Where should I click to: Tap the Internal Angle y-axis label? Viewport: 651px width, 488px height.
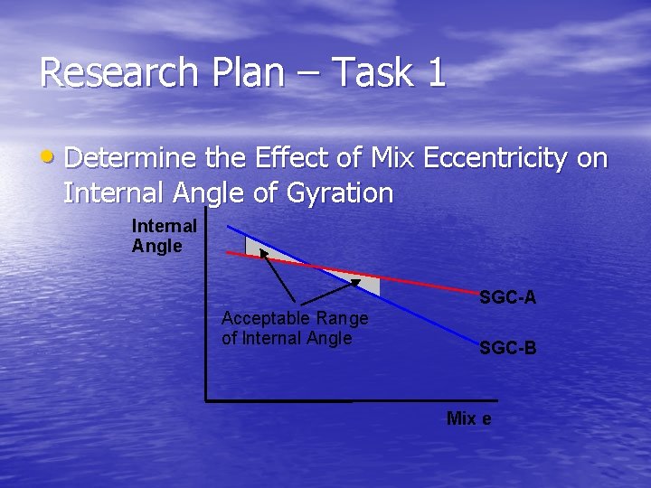(164, 235)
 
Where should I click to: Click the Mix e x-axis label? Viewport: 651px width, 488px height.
(468, 418)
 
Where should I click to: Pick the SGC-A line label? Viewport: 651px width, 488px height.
(507, 296)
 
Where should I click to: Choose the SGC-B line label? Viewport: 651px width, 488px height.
(507, 347)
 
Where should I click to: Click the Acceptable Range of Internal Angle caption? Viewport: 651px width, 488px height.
(295, 328)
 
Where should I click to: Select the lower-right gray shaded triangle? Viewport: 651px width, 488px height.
(362, 281)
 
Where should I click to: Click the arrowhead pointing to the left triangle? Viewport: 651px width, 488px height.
(265, 253)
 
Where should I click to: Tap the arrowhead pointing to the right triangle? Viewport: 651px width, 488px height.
(354, 283)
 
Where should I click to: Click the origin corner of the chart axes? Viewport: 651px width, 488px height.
(206, 399)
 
